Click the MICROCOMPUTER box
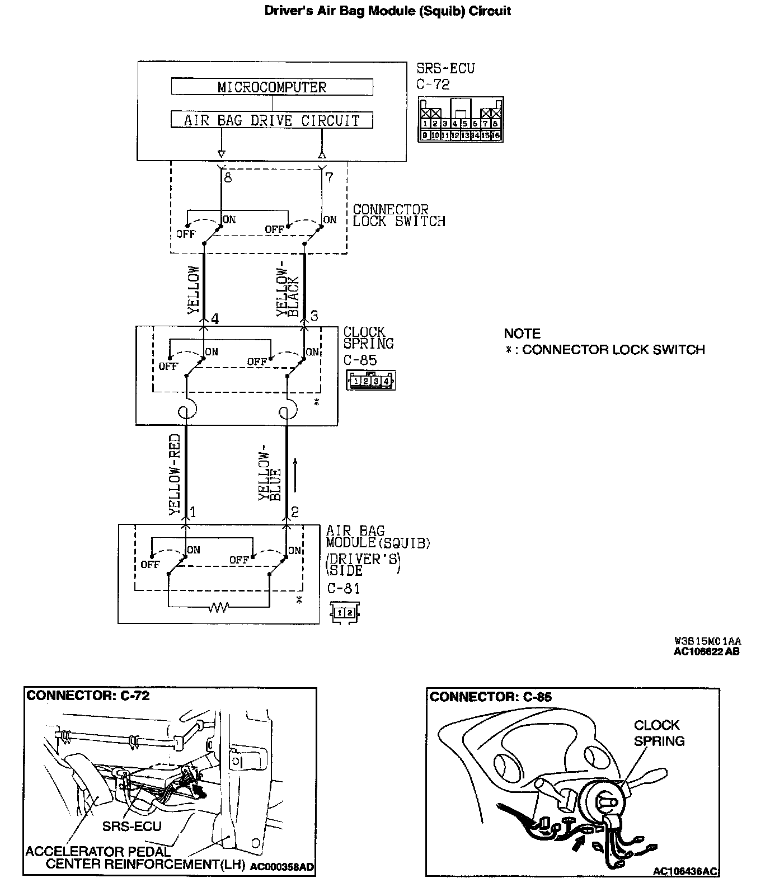click(x=272, y=87)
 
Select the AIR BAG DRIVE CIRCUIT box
click(x=272, y=120)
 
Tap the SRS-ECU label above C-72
click(x=445, y=69)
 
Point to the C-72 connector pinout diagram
click(x=461, y=120)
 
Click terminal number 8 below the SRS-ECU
click(x=227, y=178)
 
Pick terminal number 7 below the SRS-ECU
click(x=329, y=178)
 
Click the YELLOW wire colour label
click(x=194, y=289)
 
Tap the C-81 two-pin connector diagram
click(x=345, y=613)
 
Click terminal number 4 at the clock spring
click(x=214, y=318)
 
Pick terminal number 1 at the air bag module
click(x=192, y=512)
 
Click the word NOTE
click(x=522, y=334)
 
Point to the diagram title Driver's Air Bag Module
click(x=387, y=11)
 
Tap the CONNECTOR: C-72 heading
click(x=88, y=696)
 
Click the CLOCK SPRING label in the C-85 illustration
click(x=659, y=733)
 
